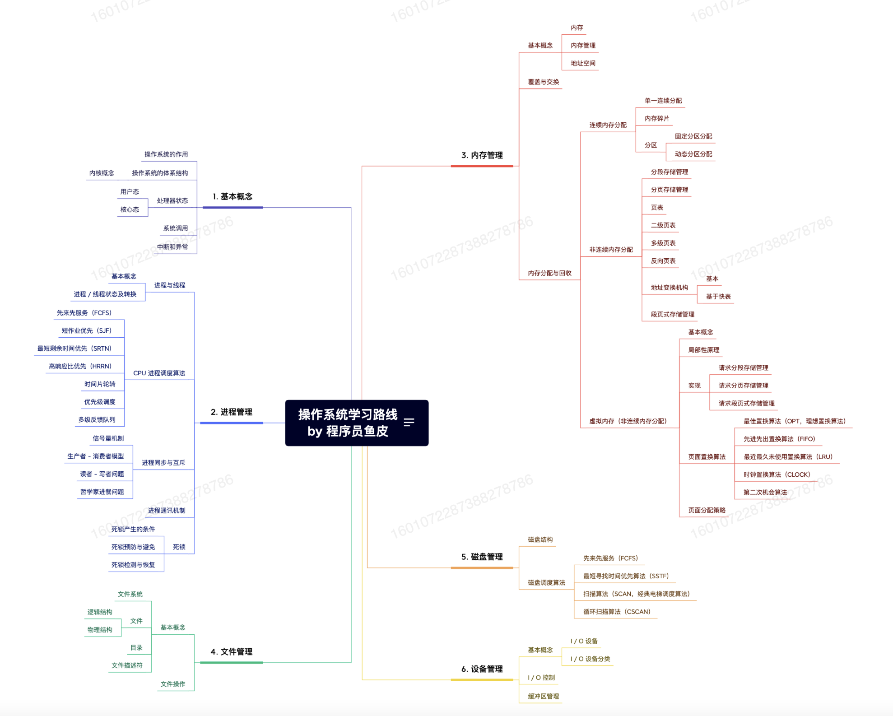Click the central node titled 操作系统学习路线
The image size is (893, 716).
click(348, 423)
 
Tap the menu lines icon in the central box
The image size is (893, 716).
click(409, 422)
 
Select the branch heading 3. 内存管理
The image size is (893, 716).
click(482, 155)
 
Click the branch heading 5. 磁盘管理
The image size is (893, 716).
click(482, 557)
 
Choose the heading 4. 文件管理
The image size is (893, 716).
click(231, 651)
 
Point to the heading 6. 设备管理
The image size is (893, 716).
click(482, 669)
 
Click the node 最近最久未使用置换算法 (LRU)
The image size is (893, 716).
click(788, 456)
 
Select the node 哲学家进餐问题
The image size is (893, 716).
click(102, 492)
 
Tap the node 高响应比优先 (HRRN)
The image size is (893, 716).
click(80, 366)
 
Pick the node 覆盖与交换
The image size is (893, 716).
click(543, 82)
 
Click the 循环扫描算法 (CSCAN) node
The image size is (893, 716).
click(617, 611)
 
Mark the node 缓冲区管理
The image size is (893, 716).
click(543, 696)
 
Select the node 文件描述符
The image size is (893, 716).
click(127, 665)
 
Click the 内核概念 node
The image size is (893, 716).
click(102, 173)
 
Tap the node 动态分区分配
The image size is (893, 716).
click(693, 154)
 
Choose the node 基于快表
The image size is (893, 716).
click(718, 296)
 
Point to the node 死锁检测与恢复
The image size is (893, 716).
click(133, 565)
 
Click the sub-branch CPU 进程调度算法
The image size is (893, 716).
click(159, 373)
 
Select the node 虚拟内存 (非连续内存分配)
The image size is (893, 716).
click(628, 421)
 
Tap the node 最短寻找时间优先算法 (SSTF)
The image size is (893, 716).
click(626, 576)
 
